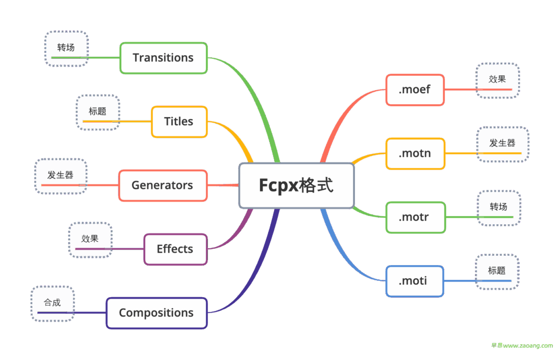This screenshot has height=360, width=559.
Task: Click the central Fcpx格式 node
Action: click(x=296, y=185)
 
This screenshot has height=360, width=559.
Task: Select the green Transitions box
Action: click(x=163, y=58)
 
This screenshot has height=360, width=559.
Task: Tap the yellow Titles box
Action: click(x=179, y=122)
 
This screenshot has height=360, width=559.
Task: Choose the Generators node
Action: click(x=163, y=185)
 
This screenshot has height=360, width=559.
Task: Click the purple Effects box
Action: click(x=175, y=249)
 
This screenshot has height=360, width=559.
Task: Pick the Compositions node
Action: click(x=157, y=313)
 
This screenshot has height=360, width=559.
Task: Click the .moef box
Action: click(x=415, y=89)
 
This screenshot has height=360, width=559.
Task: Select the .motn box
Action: click(x=415, y=153)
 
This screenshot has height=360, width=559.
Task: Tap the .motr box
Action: click(x=415, y=217)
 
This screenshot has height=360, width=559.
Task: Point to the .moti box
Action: click(x=413, y=281)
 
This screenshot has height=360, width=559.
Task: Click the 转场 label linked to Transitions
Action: click(x=66, y=48)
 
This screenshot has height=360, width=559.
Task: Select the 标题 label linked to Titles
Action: click(x=97, y=112)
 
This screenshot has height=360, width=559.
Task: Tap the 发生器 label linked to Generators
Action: click(x=60, y=176)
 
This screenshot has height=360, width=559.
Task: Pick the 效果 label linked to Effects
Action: click(x=90, y=239)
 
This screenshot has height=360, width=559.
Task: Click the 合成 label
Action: click(x=52, y=303)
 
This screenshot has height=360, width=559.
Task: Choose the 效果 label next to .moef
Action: click(x=497, y=80)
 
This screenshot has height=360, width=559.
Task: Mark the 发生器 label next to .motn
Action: click(x=502, y=143)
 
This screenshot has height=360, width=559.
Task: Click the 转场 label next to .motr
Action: click(x=498, y=207)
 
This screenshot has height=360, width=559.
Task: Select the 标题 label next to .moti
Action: click(x=496, y=271)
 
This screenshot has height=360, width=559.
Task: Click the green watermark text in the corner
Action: click(x=522, y=346)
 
